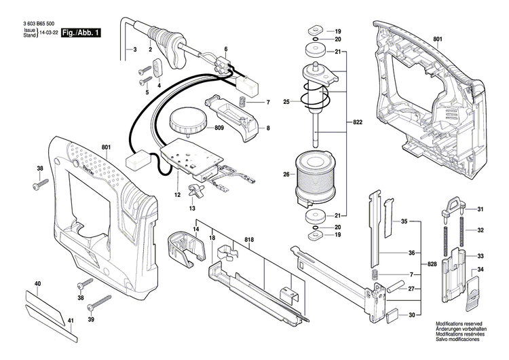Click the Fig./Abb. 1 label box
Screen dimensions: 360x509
pyautogui.click(x=80, y=33)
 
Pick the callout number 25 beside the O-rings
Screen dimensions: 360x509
pyautogui.click(x=287, y=102)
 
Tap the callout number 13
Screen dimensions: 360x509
pyautogui.click(x=191, y=208)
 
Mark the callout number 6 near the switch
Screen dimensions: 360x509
pyautogui.click(x=226, y=49)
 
